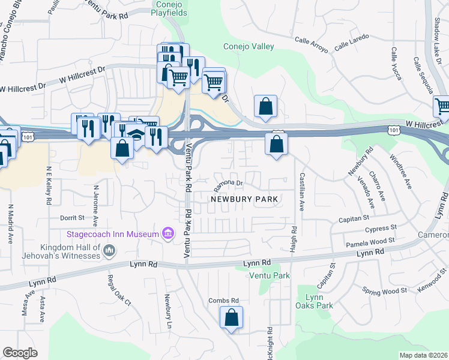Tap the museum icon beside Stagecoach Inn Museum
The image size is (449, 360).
[x=168, y=232]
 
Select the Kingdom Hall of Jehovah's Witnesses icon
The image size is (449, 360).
[x=109, y=251]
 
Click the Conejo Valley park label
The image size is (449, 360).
[x=249, y=46]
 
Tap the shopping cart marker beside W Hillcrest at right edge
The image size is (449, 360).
[x=442, y=107]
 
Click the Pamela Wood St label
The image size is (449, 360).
[x=370, y=242]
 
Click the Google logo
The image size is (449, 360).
[x=20, y=353]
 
